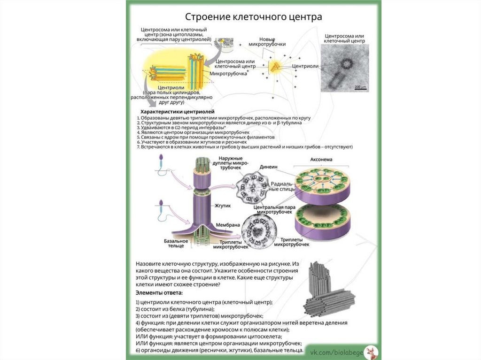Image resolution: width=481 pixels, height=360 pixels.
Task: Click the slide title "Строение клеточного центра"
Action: click(x=253, y=17)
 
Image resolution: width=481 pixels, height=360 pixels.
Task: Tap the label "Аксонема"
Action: click(x=321, y=160)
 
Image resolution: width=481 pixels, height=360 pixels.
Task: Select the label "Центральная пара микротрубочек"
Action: click(x=270, y=209)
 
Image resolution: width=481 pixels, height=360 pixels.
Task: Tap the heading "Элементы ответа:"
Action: click(x=160, y=293)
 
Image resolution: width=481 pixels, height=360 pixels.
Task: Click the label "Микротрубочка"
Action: click(x=228, y=74)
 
